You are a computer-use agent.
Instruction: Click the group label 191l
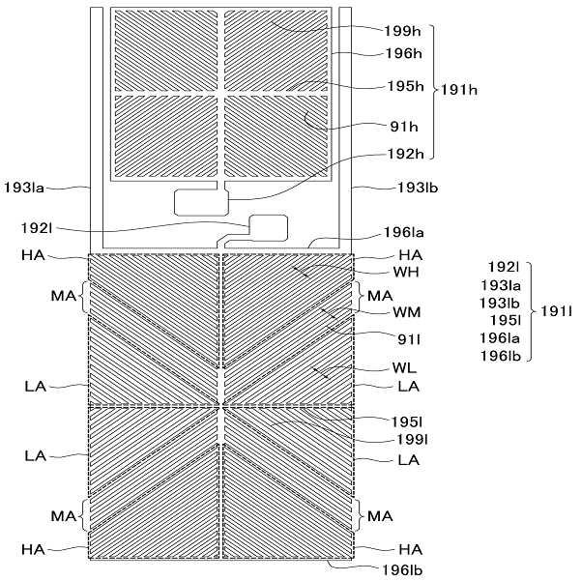556,310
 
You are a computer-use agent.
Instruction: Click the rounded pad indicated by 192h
199,202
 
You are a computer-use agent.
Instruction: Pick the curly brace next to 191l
530,310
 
